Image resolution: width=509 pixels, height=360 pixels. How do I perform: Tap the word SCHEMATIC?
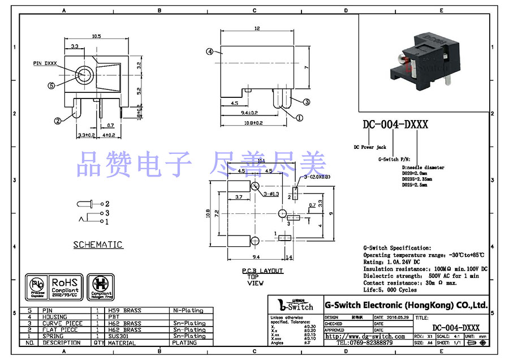point(98,245)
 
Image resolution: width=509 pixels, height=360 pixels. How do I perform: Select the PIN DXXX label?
point(45,63)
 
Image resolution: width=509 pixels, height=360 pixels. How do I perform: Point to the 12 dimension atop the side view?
point(257,28)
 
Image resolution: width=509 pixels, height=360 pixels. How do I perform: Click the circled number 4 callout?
point(209,52)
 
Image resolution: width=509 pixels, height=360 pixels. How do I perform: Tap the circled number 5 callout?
point(51,85)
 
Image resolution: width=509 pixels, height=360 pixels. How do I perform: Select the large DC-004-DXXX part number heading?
point(395,125)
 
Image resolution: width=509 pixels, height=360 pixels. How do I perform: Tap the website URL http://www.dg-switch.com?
point(365,336)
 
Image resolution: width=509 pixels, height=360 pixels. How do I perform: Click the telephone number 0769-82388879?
point(365,342)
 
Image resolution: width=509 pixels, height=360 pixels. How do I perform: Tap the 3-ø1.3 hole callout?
point(272,193)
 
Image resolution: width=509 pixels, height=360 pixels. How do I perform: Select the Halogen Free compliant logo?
point(102,286)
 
